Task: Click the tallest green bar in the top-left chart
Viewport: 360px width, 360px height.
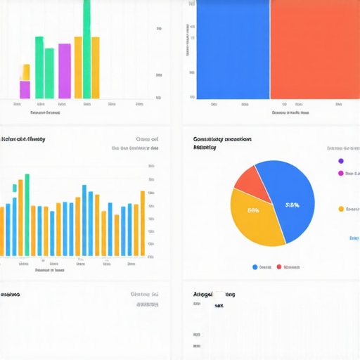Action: [x=86, y=49]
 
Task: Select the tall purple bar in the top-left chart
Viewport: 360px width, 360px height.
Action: [x=64, y=70]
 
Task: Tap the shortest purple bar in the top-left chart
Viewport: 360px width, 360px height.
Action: [x=25, y=90]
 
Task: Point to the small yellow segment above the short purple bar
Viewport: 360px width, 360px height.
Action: [x=25, y=72]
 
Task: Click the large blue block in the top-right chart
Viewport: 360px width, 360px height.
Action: [x=232, y=49]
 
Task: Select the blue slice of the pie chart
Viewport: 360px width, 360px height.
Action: [x=288, y=200]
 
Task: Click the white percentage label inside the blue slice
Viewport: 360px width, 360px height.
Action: [x=292, y=205]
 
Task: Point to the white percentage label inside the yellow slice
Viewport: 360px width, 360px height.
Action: [x=253, y=210]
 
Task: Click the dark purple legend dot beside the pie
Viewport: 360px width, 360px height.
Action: [x=341, y=160]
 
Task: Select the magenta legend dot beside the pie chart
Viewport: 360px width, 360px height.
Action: [x=341, y=173]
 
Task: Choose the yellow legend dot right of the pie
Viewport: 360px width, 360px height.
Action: [x=341, y=209]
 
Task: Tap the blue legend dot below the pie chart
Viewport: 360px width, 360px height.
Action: [x=255, y=267]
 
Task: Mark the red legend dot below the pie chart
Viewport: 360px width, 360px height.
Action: [x=279, y=267]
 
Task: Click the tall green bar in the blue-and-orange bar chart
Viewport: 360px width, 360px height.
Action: [x=27, y=214]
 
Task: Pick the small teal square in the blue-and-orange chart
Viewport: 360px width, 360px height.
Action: [x=15, y=188]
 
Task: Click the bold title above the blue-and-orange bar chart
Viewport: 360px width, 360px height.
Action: [x=23, y=139]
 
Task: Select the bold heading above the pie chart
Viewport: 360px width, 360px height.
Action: [x=222, y=139]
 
